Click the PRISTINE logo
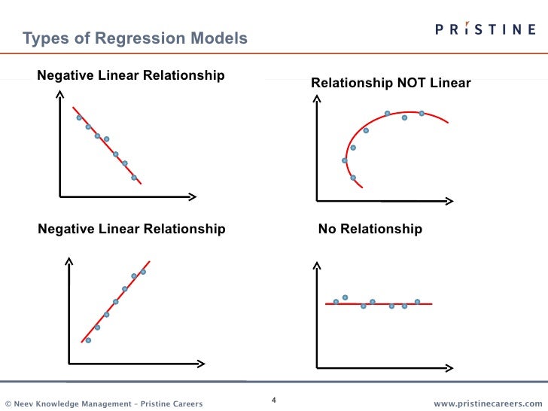486,29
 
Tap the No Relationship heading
370,229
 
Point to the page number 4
274,400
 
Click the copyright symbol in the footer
8,404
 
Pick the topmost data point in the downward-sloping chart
78,117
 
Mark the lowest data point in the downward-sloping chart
134,178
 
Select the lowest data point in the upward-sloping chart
88,340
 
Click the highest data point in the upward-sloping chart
143,272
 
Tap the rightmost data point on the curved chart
422,113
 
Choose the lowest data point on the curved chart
353,178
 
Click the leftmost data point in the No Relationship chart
336,301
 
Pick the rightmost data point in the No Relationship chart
417,301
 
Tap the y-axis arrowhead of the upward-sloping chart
68,260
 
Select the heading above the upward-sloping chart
131,229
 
